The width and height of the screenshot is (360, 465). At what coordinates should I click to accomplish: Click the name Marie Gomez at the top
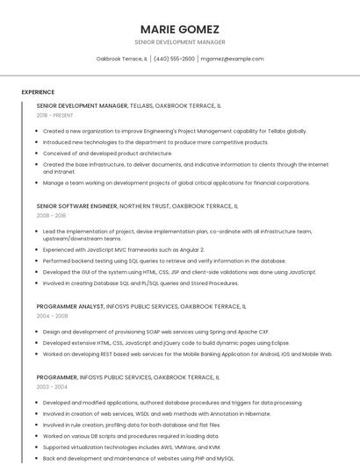179,29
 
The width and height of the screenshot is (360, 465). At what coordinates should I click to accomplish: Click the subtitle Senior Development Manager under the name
179,42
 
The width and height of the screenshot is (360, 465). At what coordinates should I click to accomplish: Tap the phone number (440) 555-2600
175,59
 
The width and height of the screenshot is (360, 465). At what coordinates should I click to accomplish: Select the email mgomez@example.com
232,59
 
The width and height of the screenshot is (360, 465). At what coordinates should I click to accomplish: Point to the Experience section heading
38,92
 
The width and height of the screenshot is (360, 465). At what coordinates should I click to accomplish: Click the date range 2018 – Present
54,115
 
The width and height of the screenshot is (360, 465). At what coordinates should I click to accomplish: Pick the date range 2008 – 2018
51,215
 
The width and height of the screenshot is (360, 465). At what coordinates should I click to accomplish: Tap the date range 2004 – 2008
51,316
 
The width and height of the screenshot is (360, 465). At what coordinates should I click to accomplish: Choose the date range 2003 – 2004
51,386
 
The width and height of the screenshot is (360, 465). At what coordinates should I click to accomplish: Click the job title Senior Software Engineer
76,205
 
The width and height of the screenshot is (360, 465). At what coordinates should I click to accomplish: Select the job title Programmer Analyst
69,306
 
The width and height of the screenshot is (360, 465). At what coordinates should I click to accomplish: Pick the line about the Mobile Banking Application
187,354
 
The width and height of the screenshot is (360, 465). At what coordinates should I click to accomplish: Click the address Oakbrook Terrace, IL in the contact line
122,59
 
